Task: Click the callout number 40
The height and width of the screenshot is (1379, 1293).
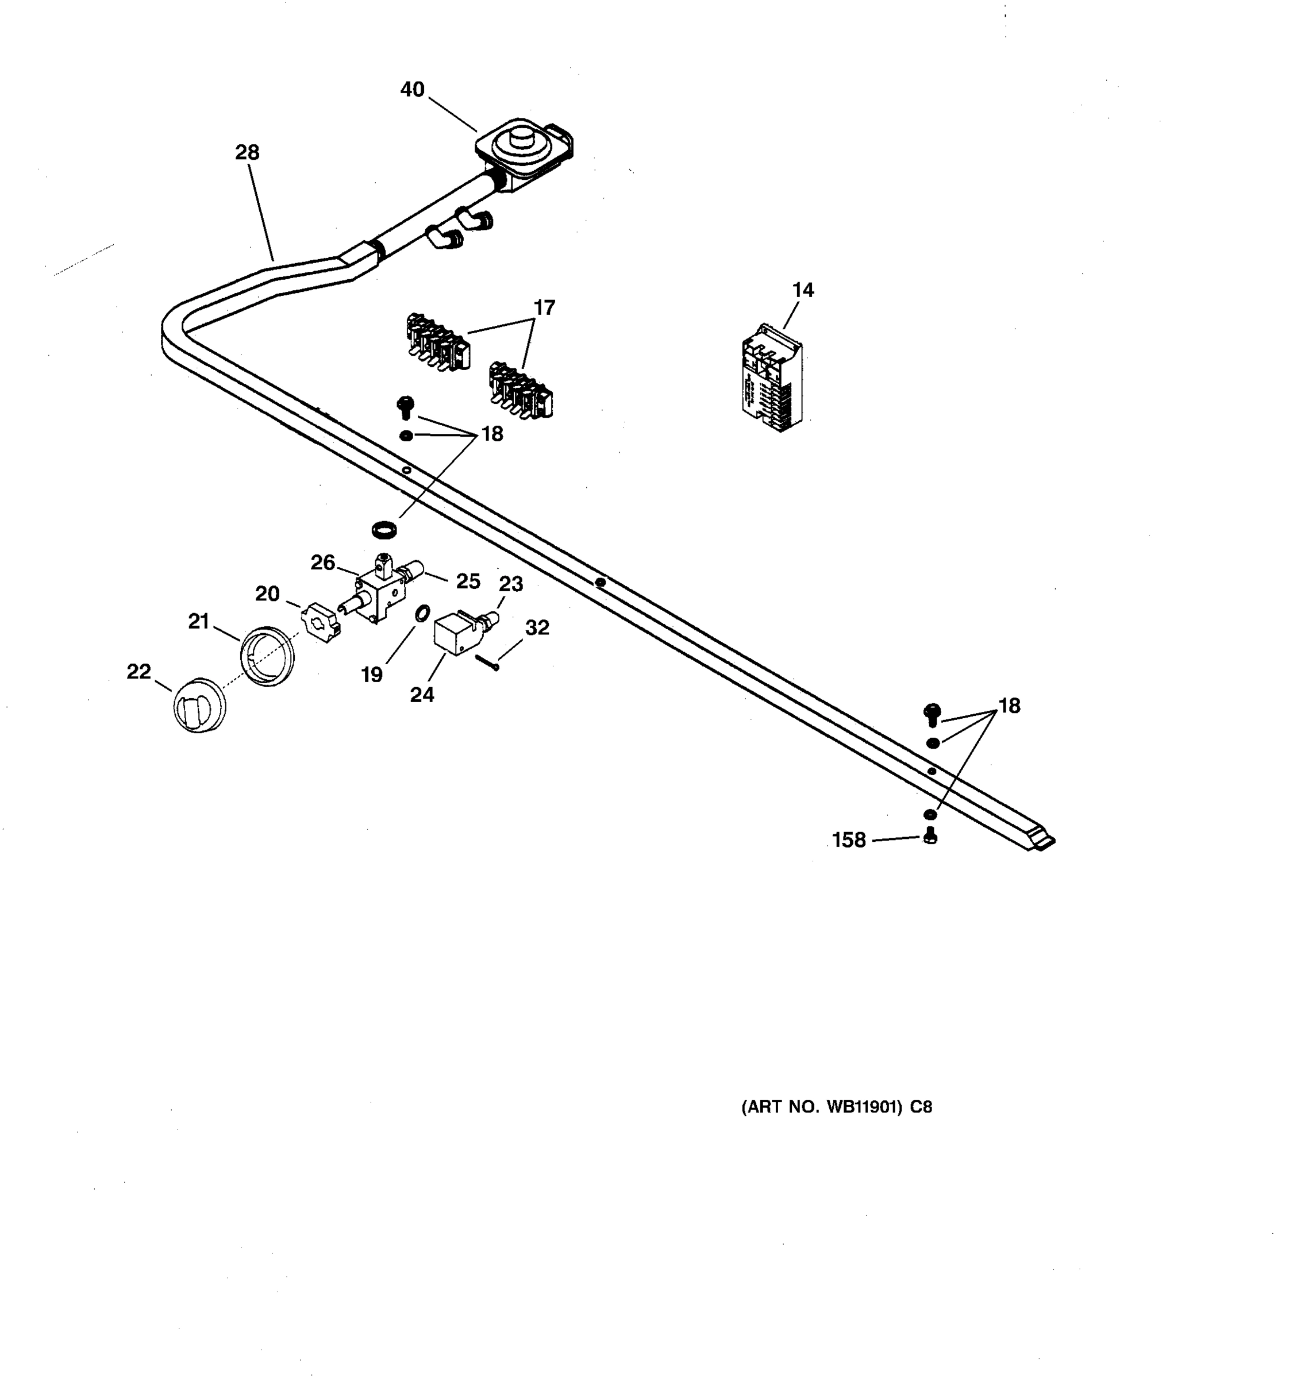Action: point(412,90)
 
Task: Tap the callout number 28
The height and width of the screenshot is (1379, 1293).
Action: point(247,152)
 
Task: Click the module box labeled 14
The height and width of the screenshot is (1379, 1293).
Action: point(771,379)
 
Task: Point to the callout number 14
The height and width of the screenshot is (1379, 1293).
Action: point(803,290)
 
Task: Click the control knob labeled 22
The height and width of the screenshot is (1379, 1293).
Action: point(198,706)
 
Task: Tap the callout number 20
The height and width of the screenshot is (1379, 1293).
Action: point(267,593)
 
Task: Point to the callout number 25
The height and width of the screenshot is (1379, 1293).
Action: point(468,581)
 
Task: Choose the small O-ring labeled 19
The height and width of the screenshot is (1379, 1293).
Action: point(422,613)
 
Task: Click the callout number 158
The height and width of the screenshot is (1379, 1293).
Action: point(849,840)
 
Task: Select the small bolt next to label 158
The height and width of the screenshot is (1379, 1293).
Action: point(931,837)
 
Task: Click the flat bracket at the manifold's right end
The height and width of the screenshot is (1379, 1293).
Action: point(1042,841)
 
